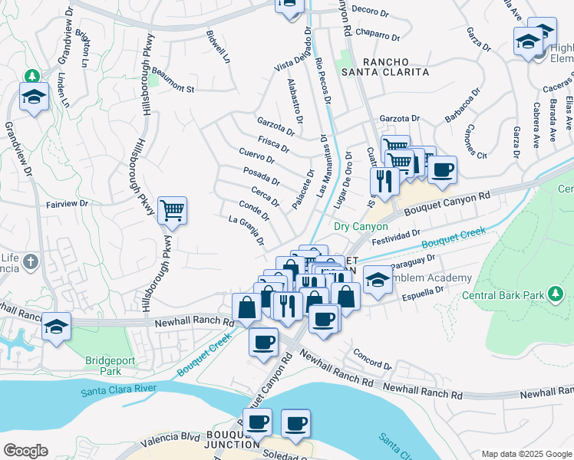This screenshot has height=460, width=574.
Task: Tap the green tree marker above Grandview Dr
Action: [x=31, y=76]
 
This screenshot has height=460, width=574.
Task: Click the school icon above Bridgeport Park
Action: [x=56, y=327]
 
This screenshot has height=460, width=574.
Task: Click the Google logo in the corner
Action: [x=25, y=450]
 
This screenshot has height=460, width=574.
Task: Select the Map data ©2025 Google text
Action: [x=526, y=454]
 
